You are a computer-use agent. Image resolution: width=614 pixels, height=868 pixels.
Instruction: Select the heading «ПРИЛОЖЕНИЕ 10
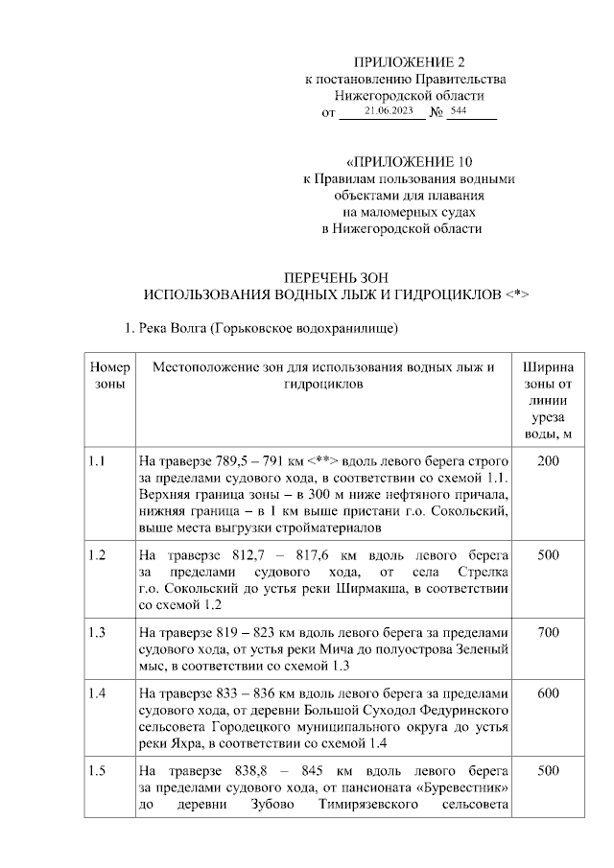pos(410,161)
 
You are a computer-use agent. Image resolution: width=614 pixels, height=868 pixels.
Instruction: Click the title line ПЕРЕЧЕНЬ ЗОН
pos(335,276)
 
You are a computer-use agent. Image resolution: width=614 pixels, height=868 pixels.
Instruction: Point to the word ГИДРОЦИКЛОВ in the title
pos(444,293)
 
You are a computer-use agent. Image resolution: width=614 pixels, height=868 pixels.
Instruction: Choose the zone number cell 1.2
pos(96,555)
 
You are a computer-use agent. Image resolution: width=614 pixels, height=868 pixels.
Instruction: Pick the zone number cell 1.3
pos(96,632)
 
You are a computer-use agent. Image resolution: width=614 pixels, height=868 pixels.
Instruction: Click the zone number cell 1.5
pos(96,770)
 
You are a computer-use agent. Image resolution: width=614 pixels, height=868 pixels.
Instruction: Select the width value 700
pos(548,632)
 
